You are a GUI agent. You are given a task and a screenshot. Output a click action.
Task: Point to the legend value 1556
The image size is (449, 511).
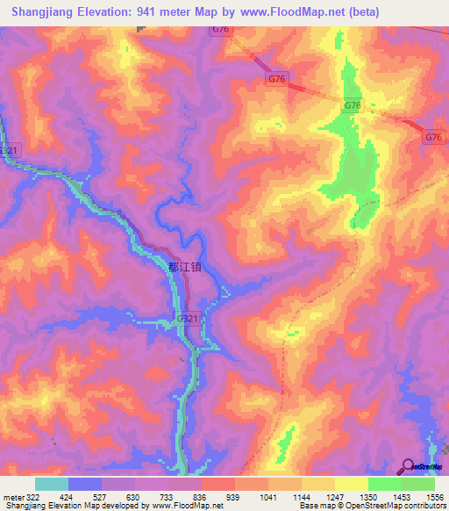click(435, 495)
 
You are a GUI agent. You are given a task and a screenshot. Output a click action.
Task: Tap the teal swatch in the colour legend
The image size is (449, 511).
click(52, 484)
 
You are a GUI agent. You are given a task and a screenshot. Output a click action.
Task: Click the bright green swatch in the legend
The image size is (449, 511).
click(384, 484)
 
